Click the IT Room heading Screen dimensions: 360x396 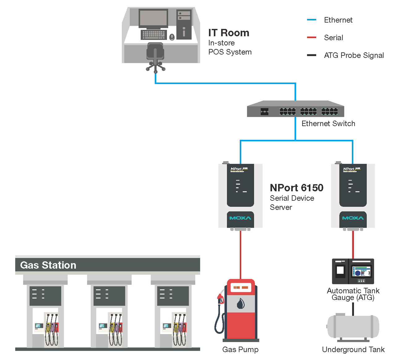pyautogui.click(x=229, y=33)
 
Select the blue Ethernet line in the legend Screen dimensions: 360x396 pyautogui.click(x=311, y=20)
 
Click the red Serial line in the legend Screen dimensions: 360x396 pyautogui.click(x=311, y=37)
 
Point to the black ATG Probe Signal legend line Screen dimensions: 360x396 pyautogui.click(x=311, y=55)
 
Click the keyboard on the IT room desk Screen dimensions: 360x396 pyautogui.click(x=154, y=34)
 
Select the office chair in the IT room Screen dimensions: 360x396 pyautogui.click(x=155, y=56)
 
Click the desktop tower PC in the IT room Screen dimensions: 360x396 pyautogui.click(x=184, y=24)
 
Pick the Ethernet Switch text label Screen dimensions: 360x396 pyautogui.click(x=328, y=124)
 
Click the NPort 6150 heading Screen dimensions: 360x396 pyautogui.click(x=296, y=188)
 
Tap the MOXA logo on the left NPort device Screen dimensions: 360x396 pyautogui.click(x=240, y=218)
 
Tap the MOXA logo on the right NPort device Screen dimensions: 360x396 pyautogui.click(x=353, y=218)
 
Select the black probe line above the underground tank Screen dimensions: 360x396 pyautogui.click(x=353, y=309)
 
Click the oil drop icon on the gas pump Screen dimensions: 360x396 pyautogui.click(x=241, y=304)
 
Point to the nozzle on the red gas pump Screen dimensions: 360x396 pyautogui.click(x=221, y=298)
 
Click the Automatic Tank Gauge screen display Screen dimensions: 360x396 pyautogui.click(x=361, y=272)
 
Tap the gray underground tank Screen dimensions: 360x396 pyautogui.click(x=353, y=327)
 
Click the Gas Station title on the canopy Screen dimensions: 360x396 pyautogui.click(x=48, y=265)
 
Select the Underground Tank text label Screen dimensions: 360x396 pyautogui.click(x=353, y=349)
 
